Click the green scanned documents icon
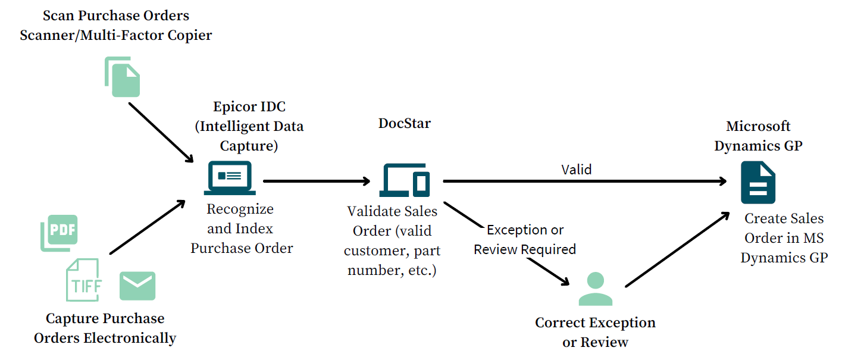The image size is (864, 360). coord(123,77)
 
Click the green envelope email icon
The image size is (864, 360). coord(137,286)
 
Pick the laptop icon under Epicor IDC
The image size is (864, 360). coord(230,177)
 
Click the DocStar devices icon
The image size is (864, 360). coord(405,179)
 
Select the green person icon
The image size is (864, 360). coord(595,289)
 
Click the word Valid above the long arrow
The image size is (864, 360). coord(577,170)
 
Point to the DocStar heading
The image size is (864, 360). coord(405,123)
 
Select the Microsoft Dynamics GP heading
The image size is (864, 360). coord(758,136)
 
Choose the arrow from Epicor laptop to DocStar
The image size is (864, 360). coord(316,180)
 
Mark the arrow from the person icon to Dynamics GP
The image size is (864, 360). coord(677,250)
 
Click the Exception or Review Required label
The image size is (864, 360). coord(525,239)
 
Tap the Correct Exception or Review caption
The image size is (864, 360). coord(595,332)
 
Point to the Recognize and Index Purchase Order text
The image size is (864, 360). coord(242,228)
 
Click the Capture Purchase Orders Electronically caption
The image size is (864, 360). coord(105,328)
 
